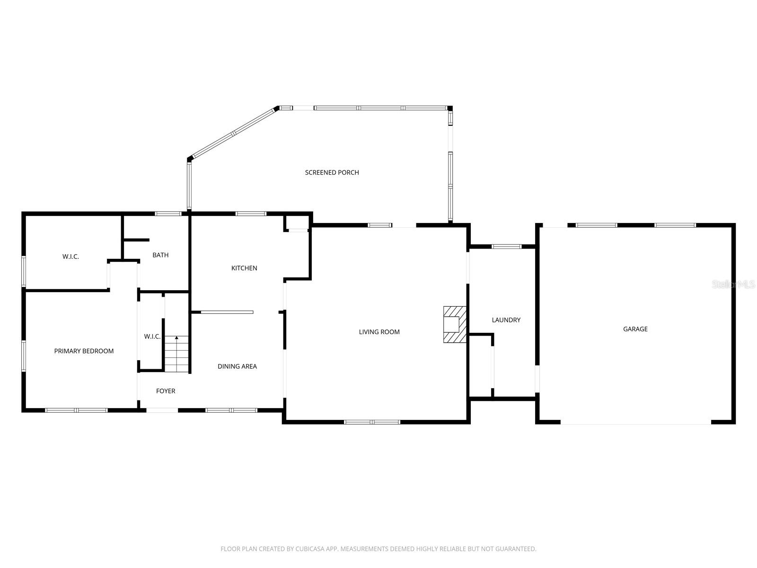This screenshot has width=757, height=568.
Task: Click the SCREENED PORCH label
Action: click(332, 172)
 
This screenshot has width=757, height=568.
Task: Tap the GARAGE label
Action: click(635, 329)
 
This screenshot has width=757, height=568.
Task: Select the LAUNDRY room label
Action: click(506, 320)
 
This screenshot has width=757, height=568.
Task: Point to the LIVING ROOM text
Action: click(379, 332)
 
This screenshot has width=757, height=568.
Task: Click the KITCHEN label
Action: click(244, 268)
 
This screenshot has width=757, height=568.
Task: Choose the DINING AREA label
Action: click(237, 366)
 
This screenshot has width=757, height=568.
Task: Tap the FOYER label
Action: click(166, 391)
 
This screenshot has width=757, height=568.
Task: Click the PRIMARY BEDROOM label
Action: click(84, 351)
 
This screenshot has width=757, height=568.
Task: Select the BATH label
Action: click(160, 255)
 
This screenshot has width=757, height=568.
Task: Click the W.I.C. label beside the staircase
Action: click(152, 337)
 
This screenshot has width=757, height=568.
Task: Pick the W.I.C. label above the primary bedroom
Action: click(70, 257)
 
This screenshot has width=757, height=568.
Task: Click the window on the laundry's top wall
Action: click(506, 247)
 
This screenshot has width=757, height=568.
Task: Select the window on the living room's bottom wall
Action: click(372, 422)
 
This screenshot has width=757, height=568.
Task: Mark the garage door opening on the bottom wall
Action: click(635, 423)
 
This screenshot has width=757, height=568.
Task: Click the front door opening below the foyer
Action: click(162, 410)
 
